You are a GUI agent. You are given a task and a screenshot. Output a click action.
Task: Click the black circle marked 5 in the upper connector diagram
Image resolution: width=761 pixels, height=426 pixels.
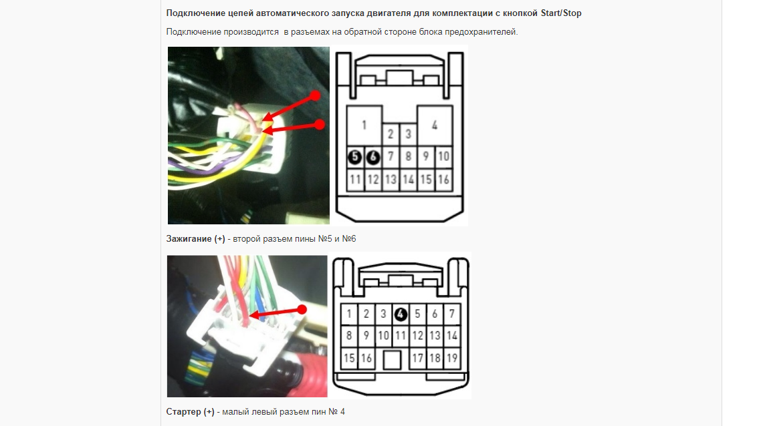[355, 156]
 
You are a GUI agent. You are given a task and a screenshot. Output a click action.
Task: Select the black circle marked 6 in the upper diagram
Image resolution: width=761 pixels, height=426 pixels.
[372, 156]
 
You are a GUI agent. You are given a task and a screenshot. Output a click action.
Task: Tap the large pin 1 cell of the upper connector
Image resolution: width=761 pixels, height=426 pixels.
[364, 125]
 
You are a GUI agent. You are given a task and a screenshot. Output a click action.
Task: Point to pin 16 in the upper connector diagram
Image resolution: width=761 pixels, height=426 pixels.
[443, 180]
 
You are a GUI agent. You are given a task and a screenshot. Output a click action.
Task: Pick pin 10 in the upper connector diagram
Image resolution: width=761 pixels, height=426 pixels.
[443, 156]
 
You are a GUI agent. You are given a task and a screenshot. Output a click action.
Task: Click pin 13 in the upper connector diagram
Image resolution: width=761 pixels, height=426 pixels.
[391, 180]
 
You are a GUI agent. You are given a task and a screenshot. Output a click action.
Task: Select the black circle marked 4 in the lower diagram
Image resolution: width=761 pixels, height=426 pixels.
[401, 314]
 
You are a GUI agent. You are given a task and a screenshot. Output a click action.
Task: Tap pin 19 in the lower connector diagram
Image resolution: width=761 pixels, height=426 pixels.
[452, 358]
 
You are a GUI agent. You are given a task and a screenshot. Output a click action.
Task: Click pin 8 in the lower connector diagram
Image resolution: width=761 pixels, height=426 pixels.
[349, 335]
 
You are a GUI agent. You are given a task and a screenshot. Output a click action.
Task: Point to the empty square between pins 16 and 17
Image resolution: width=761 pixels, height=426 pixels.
[392, 360]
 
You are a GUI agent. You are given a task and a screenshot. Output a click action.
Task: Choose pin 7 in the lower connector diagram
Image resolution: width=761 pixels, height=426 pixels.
[452, 314]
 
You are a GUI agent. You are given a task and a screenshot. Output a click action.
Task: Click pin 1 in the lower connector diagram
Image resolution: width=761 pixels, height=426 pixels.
[349, 314]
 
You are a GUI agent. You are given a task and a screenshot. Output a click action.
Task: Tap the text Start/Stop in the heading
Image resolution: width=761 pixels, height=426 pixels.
[561, 13]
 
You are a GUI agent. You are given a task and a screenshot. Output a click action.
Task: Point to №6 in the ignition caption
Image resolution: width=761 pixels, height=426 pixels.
[349, 239]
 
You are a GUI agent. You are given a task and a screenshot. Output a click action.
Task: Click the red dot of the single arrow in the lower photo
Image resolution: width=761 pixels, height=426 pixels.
[302, 309]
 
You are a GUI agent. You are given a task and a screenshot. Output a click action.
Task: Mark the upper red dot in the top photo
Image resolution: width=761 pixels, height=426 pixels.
[316, 95]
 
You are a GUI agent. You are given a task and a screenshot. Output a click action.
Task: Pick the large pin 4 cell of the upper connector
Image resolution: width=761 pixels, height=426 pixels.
[435, 125]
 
